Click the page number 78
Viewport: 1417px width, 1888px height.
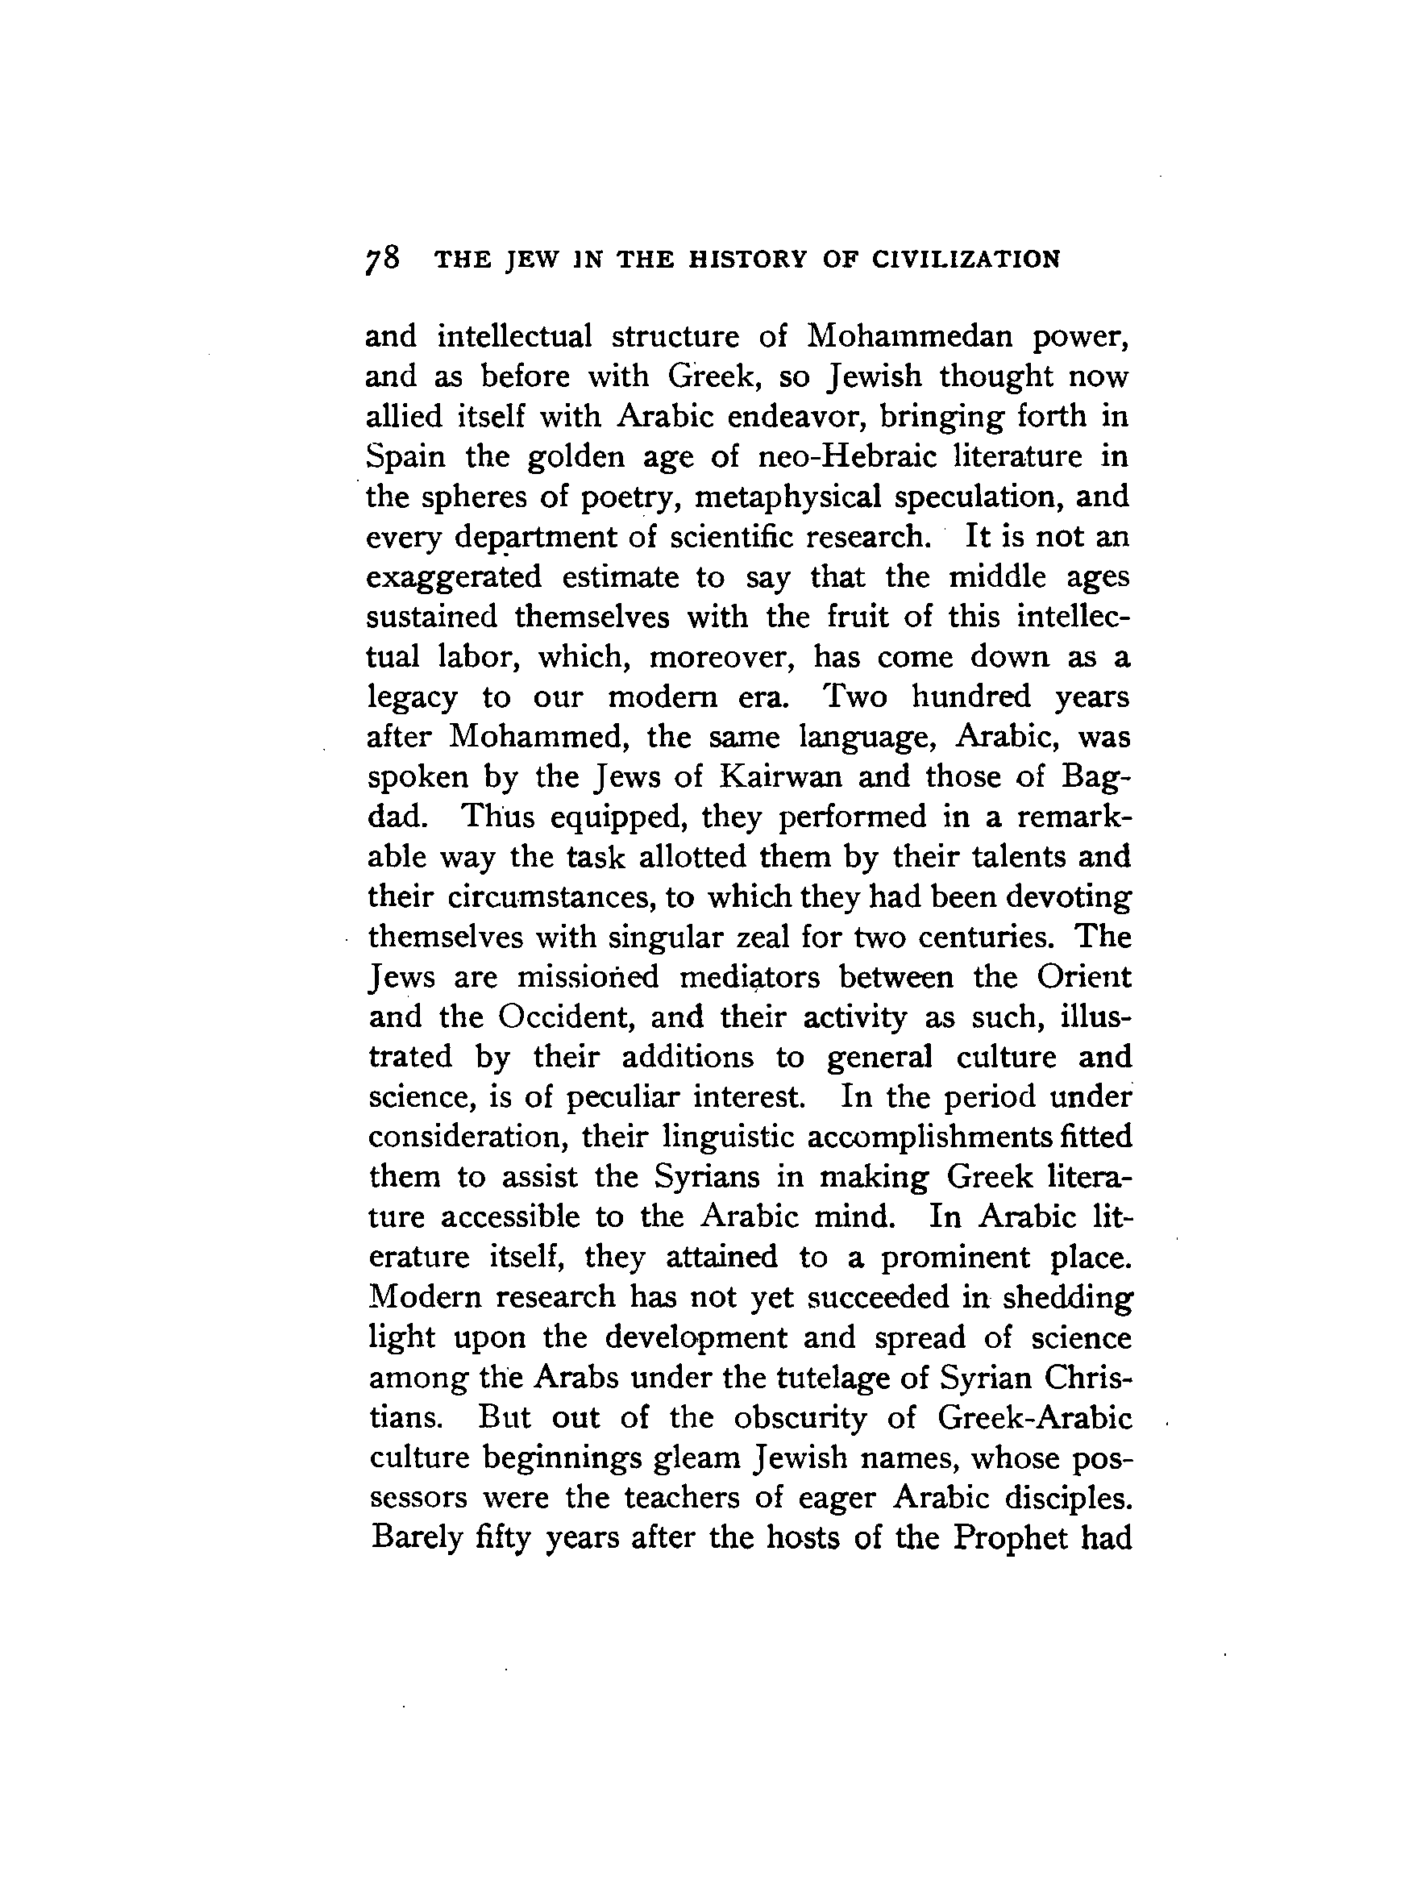(381, 258)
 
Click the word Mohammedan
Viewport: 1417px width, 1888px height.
(909, 336)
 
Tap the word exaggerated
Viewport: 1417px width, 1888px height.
(454, 577)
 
